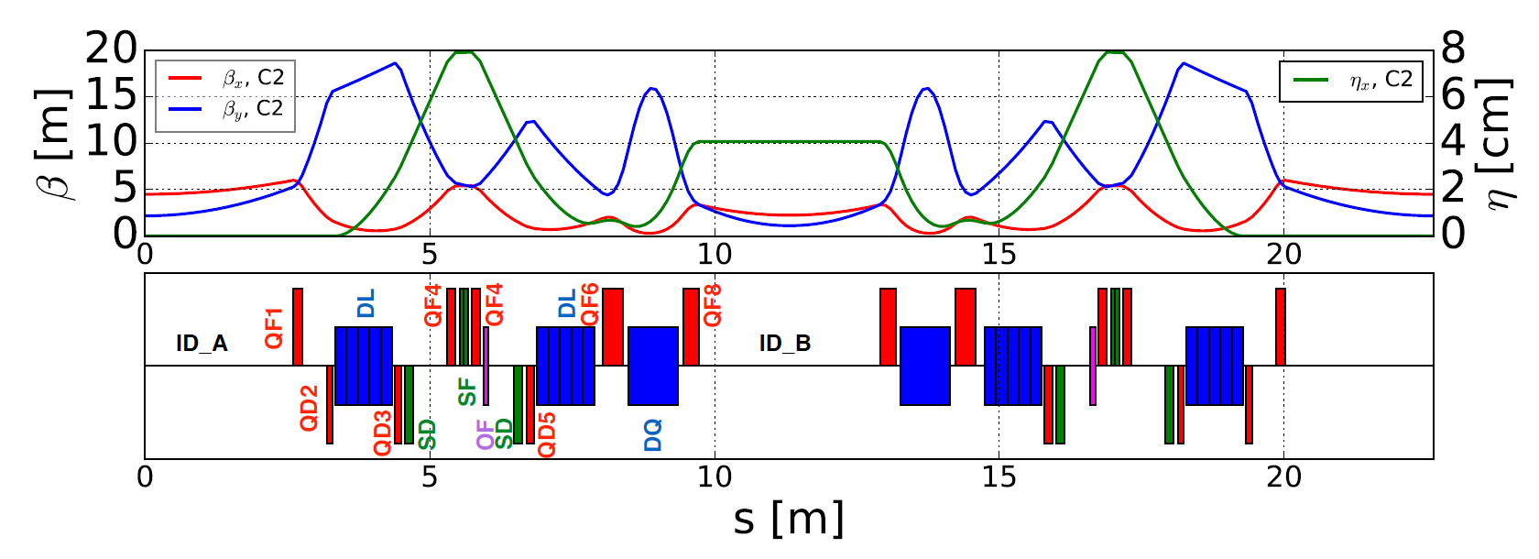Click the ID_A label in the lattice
click(x=202, y=344)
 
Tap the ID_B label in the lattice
click(x=785, y=344)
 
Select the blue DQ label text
click(x=653, y=435)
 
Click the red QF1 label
click(x=274, y=328)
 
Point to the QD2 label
click(x=310, y=409)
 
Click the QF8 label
click(x=713, y=305)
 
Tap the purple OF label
click(x=486, y=434)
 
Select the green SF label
click(x=467, y=391)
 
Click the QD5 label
click(x=547, y=434)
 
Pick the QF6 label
click(x=590, y=304)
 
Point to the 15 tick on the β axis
click(x=111, y=95)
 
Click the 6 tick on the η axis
click(x=1453, y=95)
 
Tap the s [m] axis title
click(x=788, y=520)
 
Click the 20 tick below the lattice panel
click(x=1283, y=477)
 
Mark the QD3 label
click(x=383, y=433)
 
